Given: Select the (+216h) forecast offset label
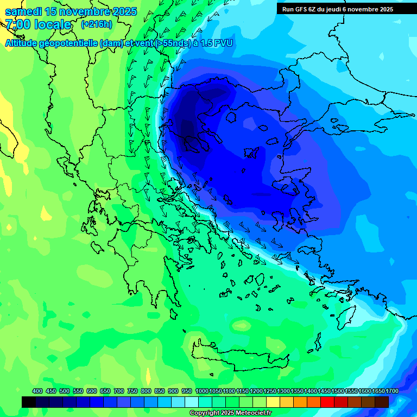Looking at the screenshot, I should (x=96, y=24).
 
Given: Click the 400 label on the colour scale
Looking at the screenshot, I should (x=37, y=391).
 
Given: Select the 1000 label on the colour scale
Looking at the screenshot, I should (x=201, y=391).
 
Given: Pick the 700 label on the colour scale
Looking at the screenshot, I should (x=119, y=391).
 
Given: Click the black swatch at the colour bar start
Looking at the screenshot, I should (x=29, y=402).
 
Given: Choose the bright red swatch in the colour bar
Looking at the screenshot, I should (x=327, y=402).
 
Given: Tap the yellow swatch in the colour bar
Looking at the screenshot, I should (x=273, y=402).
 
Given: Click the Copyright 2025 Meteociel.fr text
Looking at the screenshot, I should (x=230, y=413).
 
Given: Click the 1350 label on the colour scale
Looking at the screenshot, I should (x=296, y=391).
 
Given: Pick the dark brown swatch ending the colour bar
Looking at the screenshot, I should (x=382, y=402).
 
